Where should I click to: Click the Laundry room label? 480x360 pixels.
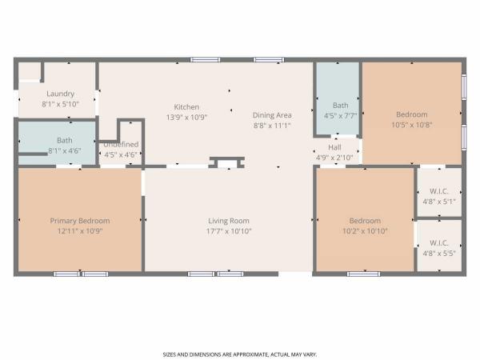[x=60, y=94]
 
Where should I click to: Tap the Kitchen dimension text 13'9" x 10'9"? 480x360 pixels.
[x=186, y=118]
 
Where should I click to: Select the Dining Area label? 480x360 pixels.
[x=272, y=115]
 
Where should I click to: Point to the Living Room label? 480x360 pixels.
[x=229, y=221]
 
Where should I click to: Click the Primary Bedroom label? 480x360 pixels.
[x=80, y=221]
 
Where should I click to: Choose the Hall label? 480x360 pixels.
[x=334, y=147]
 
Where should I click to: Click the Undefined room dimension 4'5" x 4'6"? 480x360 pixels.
[x=121, y=155]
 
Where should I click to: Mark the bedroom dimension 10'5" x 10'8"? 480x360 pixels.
[x=412, y=125]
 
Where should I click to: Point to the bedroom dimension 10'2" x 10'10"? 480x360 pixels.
[x=365, y=231]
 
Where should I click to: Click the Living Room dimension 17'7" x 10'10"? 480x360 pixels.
[x=229, y=231]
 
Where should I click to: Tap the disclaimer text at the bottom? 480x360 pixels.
[x=240, y=354]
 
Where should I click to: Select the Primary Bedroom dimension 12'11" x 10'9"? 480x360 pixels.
[x=80, y=231]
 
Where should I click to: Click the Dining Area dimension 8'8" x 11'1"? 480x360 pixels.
[x=272, y=126]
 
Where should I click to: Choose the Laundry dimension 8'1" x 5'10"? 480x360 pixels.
[x=60, y=104]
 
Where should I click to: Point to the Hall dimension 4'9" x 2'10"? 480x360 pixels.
[x=334, y=158]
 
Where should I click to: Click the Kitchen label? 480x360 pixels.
[x=186, y=107]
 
